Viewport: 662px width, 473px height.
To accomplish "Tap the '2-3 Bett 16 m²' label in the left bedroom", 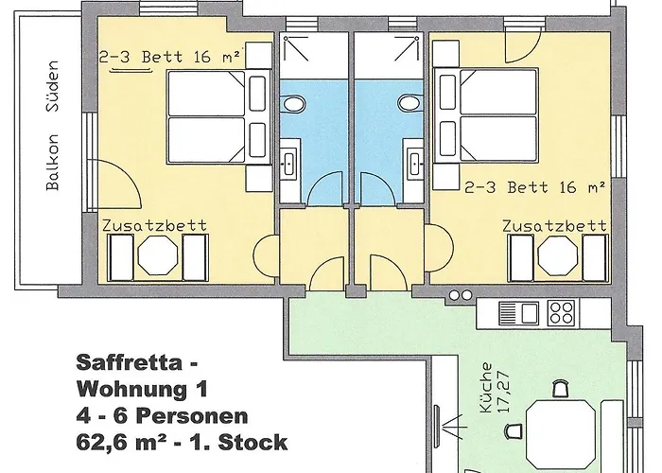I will (x=171, y=57).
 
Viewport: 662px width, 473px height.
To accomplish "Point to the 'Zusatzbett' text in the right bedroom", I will (x=554, y=226).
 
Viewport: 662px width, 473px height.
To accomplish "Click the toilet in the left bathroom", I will (x=294, y=102).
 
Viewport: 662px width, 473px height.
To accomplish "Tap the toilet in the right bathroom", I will (x=409, y=102).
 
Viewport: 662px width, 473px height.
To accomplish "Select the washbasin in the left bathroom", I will (x=290, y=160).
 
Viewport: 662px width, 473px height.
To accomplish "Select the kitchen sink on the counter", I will (x=518, y=311).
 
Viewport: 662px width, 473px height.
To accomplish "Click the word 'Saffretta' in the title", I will (x=116, y=361).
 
